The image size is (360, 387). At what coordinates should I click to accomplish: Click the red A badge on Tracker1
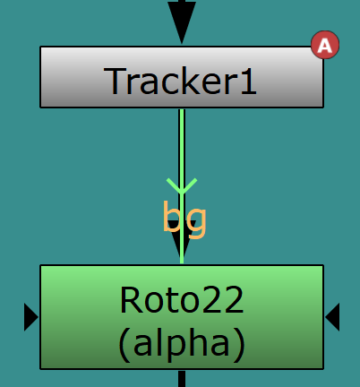click(x=325, y=45)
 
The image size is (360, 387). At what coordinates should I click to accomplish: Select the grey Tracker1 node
click(x=182, y=77)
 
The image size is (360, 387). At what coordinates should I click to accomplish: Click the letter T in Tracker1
click(x=115, y=81)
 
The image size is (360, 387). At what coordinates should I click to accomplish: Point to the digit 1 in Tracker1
click(x=249, y=81)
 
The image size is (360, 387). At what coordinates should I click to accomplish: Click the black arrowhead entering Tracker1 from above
click(x=182, y=21)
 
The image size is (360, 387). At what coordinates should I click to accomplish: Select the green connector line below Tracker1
click(x=182, y=186)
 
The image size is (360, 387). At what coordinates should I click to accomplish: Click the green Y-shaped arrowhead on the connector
click(x=182, y=186)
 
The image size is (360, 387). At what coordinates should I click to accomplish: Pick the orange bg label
click(x=184, y=219)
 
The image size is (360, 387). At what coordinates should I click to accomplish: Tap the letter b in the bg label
click(x=172, y=216)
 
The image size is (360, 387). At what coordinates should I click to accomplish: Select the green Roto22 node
click(x=182, y=317)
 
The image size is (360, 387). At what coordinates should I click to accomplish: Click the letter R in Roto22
click(x=131, y=299)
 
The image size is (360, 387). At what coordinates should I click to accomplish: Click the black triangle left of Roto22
click(x=30, y=317)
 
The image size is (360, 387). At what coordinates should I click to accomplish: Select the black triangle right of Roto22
click(x=332, y=317)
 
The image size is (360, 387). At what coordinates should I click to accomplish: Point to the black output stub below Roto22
click(x=182, y=379)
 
